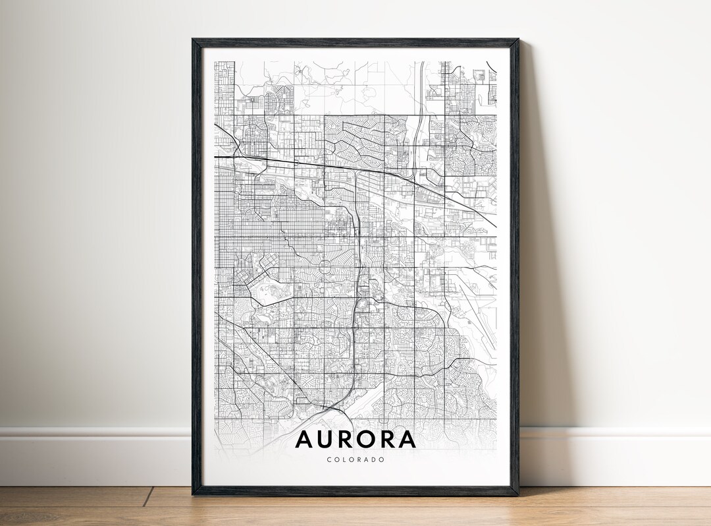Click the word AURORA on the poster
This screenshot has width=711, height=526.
pyautogui.click(x=355, y=439)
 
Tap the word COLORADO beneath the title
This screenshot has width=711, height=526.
pyautogui.click(x=355, y=459)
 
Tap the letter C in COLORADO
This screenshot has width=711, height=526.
pyautogui.click(x=329, y=459)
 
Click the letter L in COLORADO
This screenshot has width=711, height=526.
pyautogui.click(x=344, y=459)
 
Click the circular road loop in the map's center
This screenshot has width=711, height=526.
pyautogui.click(x=325, y=266)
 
